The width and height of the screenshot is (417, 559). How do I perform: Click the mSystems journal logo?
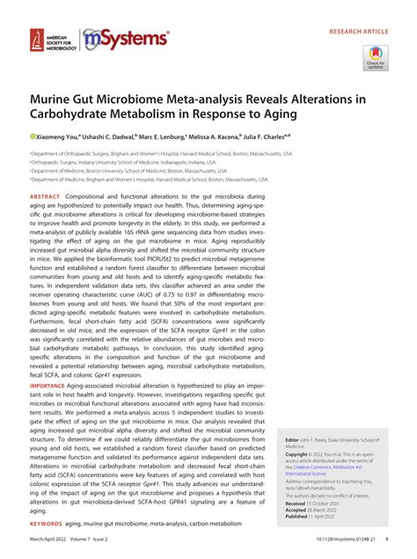pyautogui.click(x=125, y=39)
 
